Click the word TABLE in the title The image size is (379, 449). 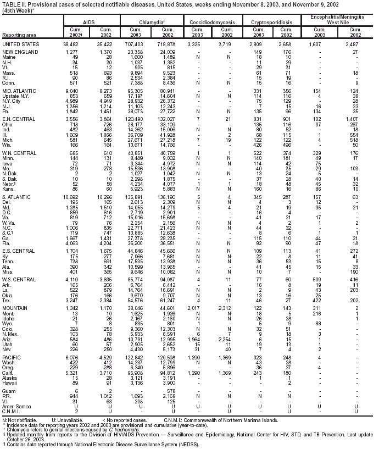coord(11,4)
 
